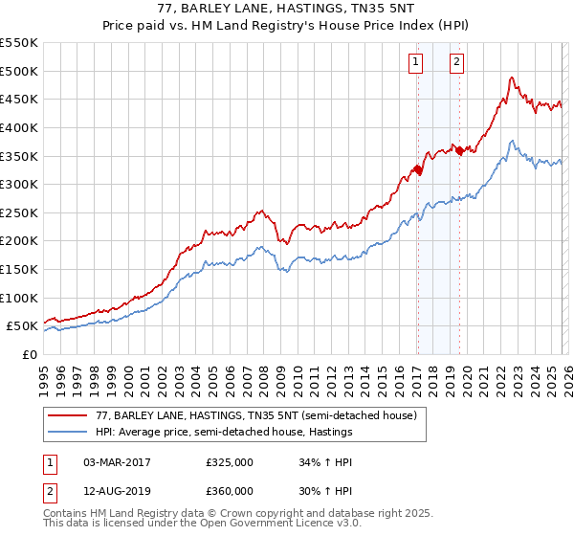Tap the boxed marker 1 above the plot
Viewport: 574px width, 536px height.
pyautogui.click(x=417, y=63)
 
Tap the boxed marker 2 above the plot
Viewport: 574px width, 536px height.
pyautogui.click(x=457, y=63)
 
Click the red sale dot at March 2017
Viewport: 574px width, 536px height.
pyautogui.click(x=417, y=170)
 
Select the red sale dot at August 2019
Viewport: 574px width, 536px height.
pyautogui.click(x=459, y=150)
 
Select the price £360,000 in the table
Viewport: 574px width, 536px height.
pyautogui.click(x=229, y=490)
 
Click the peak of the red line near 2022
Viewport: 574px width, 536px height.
pyautogui.click(x=513, y=78)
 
